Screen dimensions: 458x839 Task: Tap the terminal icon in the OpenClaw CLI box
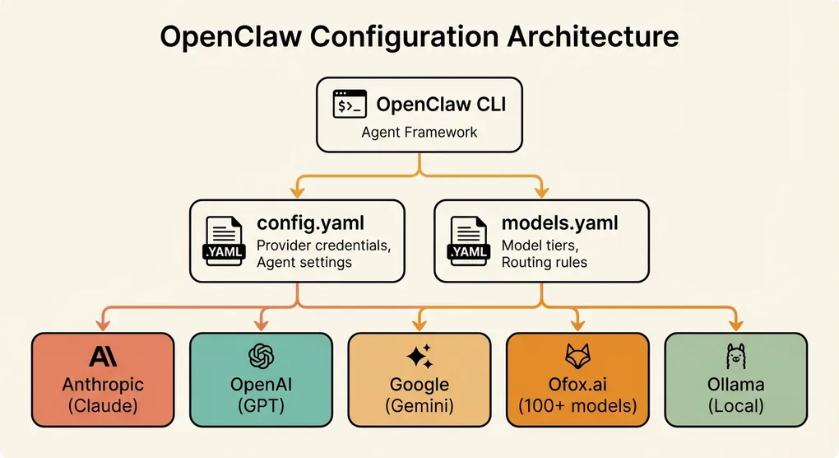point(350,105)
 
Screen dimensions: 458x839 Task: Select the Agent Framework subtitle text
point(419,133)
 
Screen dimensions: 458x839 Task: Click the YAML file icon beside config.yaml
point(223,241)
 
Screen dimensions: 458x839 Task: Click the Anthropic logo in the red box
point(103,357)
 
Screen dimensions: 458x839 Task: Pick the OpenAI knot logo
point(261,357)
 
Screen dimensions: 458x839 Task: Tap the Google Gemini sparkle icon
point(419,357)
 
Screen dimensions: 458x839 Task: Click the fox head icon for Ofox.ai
point(577,357)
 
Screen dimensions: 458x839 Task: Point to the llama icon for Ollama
point(735,357)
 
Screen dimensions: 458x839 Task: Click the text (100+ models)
point(577,405)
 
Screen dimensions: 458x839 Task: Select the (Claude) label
point(103,405)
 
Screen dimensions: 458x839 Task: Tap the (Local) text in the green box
point(735,405)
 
